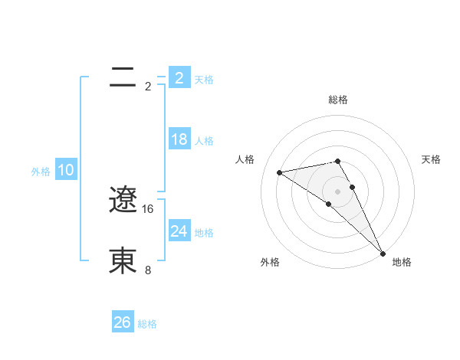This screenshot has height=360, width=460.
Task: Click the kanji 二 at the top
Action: (x=123, y=77)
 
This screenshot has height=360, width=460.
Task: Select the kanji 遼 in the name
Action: (x=123, y=201)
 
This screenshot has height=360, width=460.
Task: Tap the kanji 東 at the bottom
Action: (x=123, y=260)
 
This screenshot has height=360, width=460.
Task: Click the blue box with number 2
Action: (x=179, y=78)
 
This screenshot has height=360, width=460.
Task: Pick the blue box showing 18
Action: (x=179, y=139)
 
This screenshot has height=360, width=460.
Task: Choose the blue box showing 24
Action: (x=179, y=231)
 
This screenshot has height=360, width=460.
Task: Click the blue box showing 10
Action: (x=66, y=170)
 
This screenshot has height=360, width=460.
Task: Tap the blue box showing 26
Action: (x=122, y=322)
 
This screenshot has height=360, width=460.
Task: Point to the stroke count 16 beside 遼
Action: (x=149, y=208)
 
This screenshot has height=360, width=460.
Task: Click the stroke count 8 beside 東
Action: (x=148, y=270)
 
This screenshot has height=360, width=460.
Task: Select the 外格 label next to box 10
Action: (x=41, y=172)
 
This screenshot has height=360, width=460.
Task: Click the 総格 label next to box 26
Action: (x=147, y=324)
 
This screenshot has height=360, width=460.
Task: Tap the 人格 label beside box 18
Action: (x=204, y=141)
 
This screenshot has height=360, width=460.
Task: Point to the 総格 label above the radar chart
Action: (x=338, y=100)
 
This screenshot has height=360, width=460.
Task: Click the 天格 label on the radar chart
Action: (x=432, y=159)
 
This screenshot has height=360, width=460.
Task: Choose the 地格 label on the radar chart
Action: (x=402, y=262)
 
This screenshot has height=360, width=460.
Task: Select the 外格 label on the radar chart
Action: (x=270, y=262)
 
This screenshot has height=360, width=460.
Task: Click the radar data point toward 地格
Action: (x=382, y=254)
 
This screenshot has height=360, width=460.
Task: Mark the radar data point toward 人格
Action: (x=280, y=172)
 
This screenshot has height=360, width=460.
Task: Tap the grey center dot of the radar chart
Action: (x=337, y=191)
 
